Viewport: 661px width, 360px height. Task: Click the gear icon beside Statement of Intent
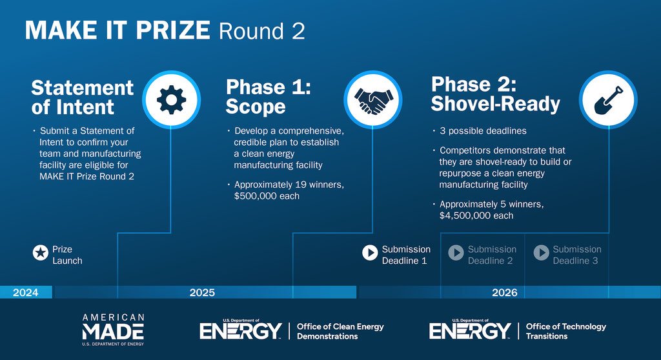point(171,100)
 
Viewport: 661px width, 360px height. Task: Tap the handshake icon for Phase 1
point(373,101)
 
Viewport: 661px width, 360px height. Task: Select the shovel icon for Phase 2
point(608,101)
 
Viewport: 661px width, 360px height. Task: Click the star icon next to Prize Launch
point(41,253)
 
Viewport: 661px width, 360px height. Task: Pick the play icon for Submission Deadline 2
point(456,253)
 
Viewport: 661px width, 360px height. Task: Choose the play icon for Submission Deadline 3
point(542,253)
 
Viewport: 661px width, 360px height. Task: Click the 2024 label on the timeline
point(25,292)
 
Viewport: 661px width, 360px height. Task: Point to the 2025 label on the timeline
point(202,292)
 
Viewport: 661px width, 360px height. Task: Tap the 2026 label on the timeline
point(505,292)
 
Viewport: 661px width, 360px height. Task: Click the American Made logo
point(113,330)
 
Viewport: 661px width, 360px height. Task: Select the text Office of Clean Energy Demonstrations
point(340,332)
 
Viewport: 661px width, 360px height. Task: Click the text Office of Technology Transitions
point(565,332)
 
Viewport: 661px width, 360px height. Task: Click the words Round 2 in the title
point(262,32)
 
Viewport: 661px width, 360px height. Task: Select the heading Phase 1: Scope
point(269,97)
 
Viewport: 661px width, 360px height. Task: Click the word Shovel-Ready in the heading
point(495,104)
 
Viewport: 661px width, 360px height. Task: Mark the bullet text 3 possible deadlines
point(483,131)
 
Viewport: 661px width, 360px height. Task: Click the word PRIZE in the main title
point(173,30)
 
